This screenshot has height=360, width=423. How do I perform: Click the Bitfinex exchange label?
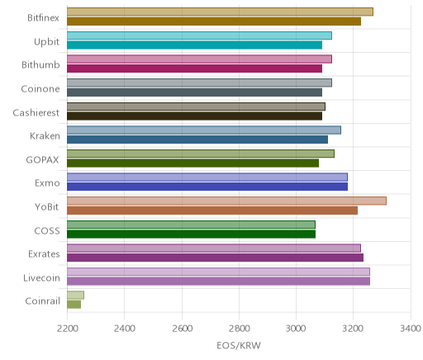[x=43, y=18]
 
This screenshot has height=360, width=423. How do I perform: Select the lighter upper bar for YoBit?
[x=226, y=201]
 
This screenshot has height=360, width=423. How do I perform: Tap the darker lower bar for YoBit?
[x=212, y=211]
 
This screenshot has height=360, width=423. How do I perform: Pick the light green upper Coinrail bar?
[x=75, y=295]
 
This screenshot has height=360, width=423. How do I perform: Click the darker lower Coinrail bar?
[x=74, y=305]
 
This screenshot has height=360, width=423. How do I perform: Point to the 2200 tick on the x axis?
[x=67, y=329]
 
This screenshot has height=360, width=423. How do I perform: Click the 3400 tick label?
[x=411, y=329]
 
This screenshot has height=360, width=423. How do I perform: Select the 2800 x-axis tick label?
[x=239, y=329]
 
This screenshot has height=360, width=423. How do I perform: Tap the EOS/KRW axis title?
[x=239, y=345]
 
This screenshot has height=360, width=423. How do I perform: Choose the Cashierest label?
[x=36, y=112]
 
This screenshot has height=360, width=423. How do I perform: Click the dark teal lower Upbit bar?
[x=194, y=45]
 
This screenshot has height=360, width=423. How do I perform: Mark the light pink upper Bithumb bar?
[x=199, y=59]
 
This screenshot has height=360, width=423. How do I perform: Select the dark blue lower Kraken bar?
[x=197, y=140]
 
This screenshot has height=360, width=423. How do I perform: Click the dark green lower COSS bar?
[x=191, y=234]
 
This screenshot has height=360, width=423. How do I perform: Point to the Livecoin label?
[x=41, y=278]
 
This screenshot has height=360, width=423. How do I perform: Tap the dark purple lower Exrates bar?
[x=215, y=258]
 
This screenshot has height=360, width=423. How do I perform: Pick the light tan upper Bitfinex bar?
[x=220, y=12]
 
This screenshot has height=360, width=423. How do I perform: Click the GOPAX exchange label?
[x=42, y=160]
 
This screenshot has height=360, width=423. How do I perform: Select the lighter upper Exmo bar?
[x=207, y=178]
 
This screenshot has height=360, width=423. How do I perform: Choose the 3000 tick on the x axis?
[x=296, y=329]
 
